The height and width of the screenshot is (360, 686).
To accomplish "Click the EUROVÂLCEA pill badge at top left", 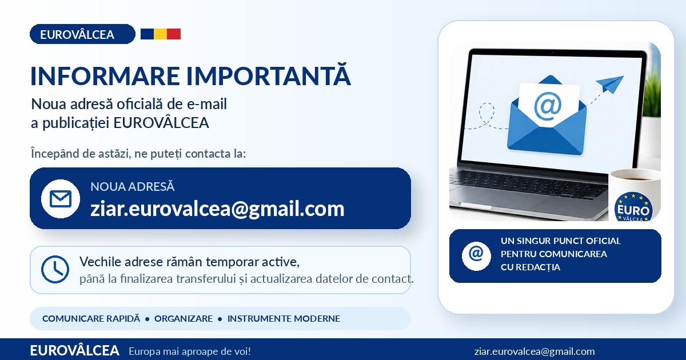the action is click(82, 34).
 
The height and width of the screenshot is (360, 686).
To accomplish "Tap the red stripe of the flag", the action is click(174, 34).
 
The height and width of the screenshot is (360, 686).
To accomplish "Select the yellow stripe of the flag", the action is click(161, 34).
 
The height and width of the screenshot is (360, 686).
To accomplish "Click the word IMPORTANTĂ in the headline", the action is click(269, 75).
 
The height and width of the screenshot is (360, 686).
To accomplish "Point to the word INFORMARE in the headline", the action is click(105, 76).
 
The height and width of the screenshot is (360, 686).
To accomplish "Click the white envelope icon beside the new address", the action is click(61, 199).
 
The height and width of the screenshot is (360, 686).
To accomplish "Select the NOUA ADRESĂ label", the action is click(132, 186).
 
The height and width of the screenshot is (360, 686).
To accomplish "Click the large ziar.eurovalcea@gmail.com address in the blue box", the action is click(217, 209).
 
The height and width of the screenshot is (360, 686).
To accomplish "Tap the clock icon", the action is click(55, 269).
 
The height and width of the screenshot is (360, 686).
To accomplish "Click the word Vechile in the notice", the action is click(101, 262).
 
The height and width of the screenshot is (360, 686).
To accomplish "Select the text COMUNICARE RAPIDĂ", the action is click(91, 319).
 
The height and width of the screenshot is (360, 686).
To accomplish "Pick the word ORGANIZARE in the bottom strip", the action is click(184, 319).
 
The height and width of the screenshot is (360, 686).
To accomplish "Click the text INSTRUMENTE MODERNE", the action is click(284, 319).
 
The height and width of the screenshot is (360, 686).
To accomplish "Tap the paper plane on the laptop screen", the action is click(610, 84).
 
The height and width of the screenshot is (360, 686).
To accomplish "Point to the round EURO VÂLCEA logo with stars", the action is click(633, 207).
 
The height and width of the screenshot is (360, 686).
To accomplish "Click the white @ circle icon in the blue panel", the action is click(476, 256).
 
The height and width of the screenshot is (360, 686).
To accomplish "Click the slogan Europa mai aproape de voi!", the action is click(190, 351).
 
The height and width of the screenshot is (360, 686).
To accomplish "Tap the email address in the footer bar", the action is click(535, 351).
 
